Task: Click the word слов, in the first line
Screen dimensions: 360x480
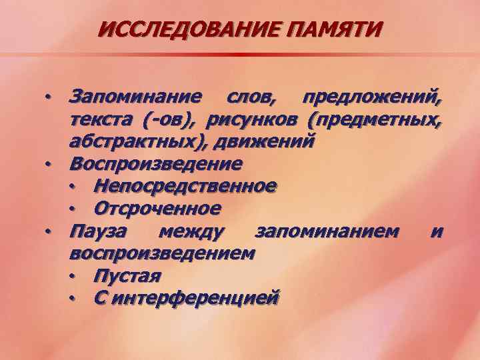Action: [245, 98]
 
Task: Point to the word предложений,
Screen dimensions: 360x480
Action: [371, 98]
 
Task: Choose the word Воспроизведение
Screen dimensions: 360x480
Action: [156, 163]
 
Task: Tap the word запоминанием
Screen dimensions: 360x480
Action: [329, 231]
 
